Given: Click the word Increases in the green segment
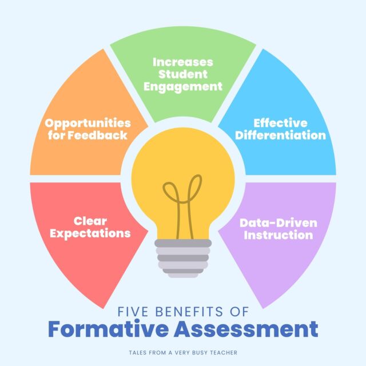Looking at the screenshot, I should (x=183, y=61).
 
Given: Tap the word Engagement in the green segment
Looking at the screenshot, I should (x=183, y=87).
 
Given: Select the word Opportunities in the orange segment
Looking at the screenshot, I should (x=88, y=123).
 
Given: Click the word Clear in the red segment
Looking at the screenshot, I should (x=90, y=220).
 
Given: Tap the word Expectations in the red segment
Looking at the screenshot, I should (x=90, y=233).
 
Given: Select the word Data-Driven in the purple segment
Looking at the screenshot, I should (x=278, y=222).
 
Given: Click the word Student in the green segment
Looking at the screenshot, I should (x=183, y=74).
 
